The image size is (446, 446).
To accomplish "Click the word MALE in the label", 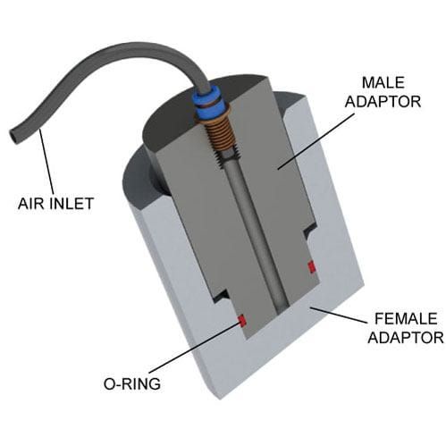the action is point(383,82).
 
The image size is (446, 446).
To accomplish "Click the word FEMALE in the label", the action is point(406,318).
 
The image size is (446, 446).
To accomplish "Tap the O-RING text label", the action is point(131,383).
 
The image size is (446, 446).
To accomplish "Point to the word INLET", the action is point(72,203).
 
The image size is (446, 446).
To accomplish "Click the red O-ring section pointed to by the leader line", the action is point(241,320).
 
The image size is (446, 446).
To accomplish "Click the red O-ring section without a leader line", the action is point(312,266).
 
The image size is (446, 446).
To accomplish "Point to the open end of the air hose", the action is point(13,137).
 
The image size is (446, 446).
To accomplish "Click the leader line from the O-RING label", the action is point(194,347).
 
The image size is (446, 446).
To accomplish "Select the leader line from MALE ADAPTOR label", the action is point(316,141).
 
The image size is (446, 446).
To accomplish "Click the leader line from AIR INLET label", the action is point(46,162).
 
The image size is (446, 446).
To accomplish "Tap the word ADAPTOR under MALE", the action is point(383,102).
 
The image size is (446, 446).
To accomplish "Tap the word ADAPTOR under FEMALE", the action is point(406,338).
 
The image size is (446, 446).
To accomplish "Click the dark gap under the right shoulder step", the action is point(310,229).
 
